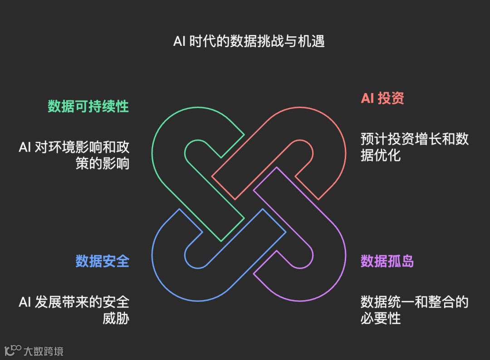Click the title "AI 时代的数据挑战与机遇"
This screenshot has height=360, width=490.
pos(249,41)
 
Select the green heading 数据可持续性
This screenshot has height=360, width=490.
pos(88,106)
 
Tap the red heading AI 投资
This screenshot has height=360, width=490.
pos(382,98)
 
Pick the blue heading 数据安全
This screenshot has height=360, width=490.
pos(102,261)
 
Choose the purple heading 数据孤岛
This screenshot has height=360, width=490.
pos(387,261)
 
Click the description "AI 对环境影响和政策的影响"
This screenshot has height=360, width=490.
pos(74,155)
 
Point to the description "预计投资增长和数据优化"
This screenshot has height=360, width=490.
pos(414,147)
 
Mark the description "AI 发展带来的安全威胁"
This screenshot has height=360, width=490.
pos(74,310)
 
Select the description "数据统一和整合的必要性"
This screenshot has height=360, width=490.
pos(414,310)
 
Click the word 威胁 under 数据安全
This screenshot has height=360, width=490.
pos(116,318)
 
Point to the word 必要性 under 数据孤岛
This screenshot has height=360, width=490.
pos(381,318)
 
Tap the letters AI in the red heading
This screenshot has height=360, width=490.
pos(367,98)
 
